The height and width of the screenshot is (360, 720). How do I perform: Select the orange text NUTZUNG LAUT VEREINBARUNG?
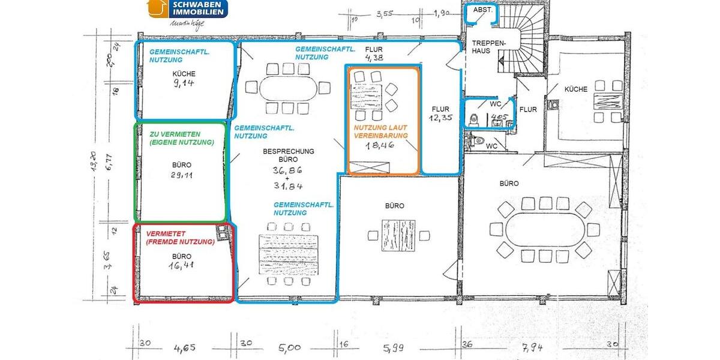click(x=380, y=132)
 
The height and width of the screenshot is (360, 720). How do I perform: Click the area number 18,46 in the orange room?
click(x=382, y=145)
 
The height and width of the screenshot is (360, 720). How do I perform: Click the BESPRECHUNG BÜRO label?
click(x=288, y=156)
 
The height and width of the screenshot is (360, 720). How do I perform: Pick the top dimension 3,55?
click(x=384, y=14)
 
